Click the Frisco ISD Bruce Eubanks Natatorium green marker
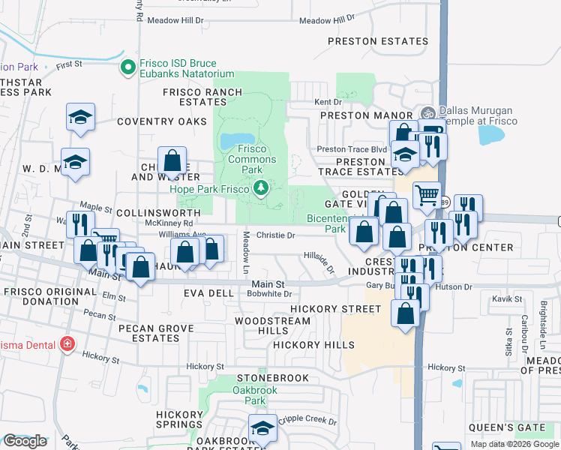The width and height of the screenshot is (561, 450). point(128,68)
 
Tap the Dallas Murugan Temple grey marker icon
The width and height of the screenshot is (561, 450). point(428,113)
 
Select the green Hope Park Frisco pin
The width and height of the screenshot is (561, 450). point(261,188)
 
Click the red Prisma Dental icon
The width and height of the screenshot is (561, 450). point(67,343)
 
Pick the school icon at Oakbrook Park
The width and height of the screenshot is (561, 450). point(262,427)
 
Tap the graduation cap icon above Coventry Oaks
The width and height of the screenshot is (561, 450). point(80,118)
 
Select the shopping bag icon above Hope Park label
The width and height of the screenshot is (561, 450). point(172,160)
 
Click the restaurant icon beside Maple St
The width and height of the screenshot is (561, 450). point(80,223)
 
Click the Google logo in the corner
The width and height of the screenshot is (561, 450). point(25,441)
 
